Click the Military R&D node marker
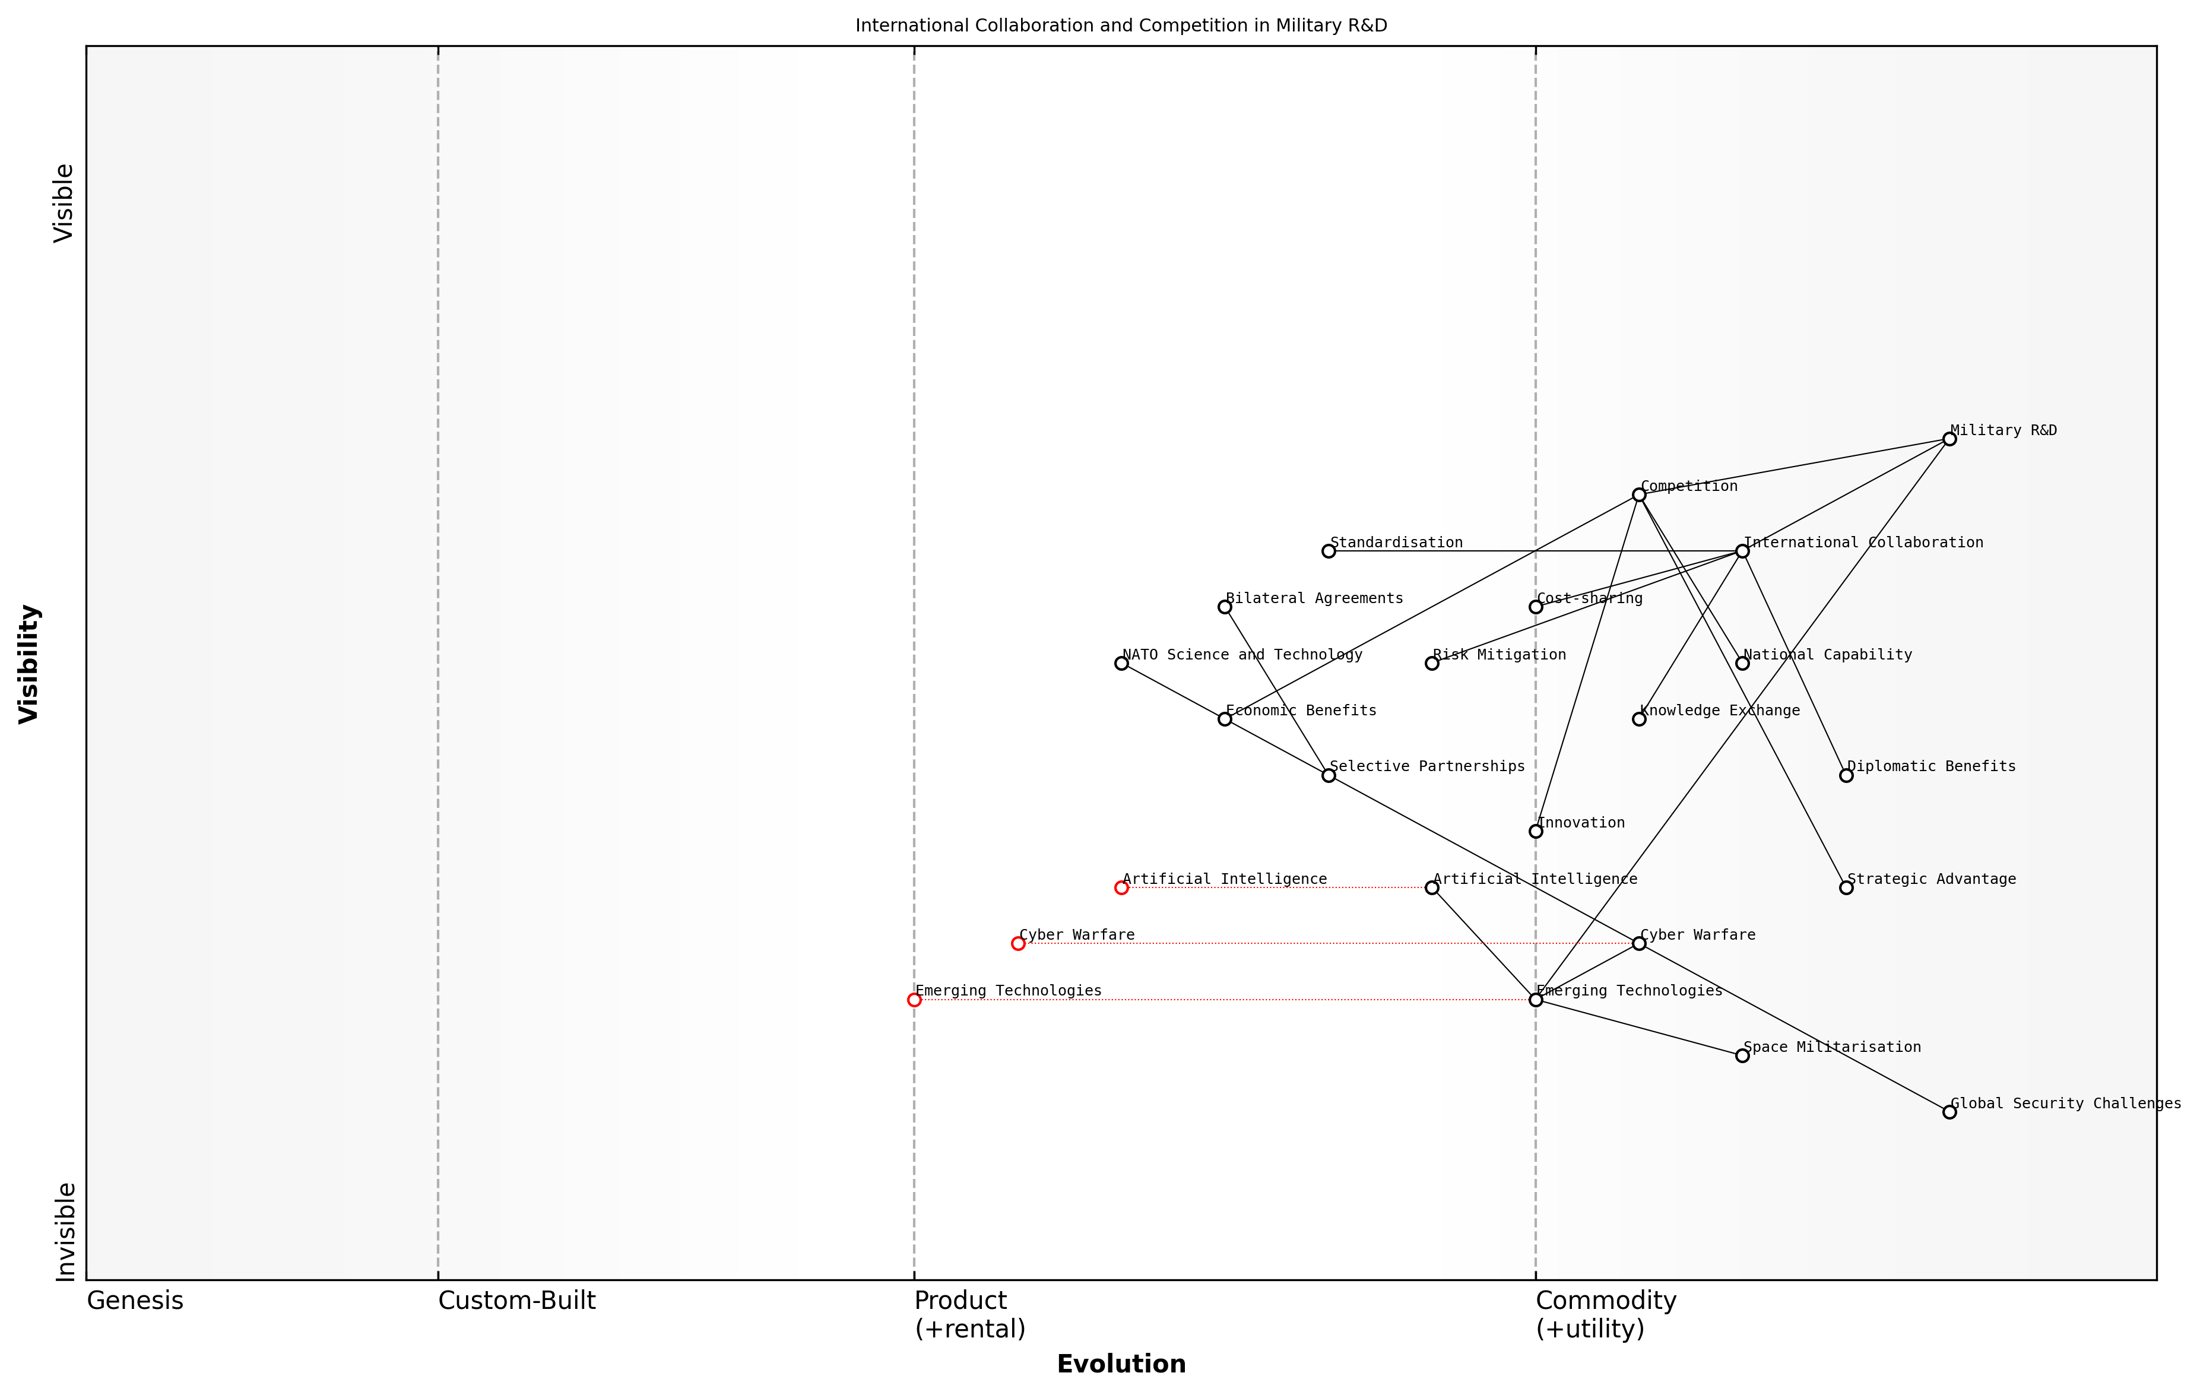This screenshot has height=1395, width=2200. (x=1949, y=439)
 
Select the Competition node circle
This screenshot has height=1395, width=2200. (x=1639, y=495)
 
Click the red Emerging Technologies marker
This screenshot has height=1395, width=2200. (x=915, y=1000)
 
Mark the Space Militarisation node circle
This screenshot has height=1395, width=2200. (x=1742, y=1056)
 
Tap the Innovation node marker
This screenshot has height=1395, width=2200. (x=1536, y=831)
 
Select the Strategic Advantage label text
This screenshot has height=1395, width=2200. (x=1932, y=879)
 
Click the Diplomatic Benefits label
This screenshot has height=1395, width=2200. (x=1932, y=766)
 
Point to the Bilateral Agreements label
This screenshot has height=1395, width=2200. (x=1314, y=598)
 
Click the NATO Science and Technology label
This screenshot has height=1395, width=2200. (x=1242, y=654)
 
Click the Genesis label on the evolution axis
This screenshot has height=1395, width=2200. (x=135, y=1301)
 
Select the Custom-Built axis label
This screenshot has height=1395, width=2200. (x=516, y=1301)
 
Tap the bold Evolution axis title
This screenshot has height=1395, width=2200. (x=1121, y=1364)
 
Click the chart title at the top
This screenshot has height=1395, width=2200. (x=1121, y=26)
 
